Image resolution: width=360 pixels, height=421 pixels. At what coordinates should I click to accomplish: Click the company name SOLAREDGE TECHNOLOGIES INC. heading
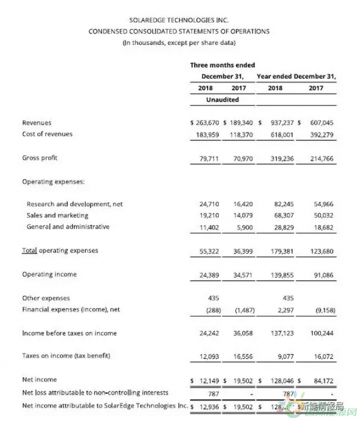click(178, 19)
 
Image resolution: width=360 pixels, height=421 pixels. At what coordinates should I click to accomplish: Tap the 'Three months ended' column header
click(223, 65)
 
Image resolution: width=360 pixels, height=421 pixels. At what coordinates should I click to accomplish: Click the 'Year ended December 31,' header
click(296, 76)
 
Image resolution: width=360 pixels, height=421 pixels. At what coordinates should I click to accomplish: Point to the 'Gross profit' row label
click(40, 158)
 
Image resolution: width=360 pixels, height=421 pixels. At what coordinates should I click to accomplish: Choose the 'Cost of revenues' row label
click(47, 134)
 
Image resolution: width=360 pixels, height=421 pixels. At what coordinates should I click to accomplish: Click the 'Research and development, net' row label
click(74, 204)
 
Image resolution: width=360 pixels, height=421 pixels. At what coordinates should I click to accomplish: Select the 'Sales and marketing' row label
click(58, 215)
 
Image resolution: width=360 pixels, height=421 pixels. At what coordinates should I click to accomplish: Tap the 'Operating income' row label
click(49, 274)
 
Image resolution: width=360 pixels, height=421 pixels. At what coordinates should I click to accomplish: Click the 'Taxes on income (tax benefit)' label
click(67, 356)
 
